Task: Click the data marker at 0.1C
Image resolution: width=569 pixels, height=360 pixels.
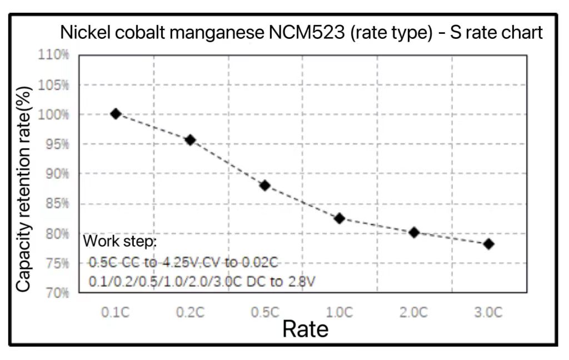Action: (x=116, y=114)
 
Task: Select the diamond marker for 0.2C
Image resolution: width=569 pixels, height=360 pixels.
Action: (x=190, y=140)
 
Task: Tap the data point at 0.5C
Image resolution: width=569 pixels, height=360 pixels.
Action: (x=265, y=186)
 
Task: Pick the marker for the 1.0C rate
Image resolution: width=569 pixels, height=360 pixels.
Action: (x=340, y=218)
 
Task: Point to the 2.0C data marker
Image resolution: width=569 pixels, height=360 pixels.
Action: (x=414, y=232)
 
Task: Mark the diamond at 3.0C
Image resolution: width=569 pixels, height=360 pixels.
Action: (x=489, y=244)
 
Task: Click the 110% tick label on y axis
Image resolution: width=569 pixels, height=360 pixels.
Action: (x=53, y=55)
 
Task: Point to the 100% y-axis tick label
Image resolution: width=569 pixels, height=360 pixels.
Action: (x=53, y=114)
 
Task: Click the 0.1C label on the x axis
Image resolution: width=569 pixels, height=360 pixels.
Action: (x=116, y=312)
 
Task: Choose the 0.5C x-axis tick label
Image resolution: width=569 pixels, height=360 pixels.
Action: (x=265, y=312)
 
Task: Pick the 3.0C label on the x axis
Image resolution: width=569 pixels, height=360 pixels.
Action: (x=489, y=312)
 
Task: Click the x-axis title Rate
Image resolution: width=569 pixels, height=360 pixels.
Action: (x=305, y=329)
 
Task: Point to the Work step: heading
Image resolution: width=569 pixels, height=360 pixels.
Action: (x=120, y=242)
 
